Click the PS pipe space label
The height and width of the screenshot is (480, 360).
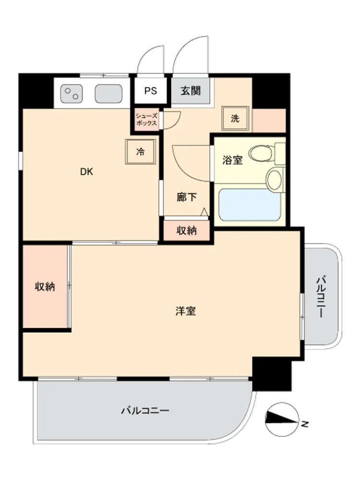pyautogui.click(x=151, y=91)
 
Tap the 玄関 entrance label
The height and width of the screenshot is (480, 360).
pyautogui.click(x=191, y=91)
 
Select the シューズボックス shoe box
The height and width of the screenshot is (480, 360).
pyautogui.click(x=146, y=120)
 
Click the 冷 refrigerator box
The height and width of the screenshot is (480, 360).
pyautogui.click(x=141, y=152)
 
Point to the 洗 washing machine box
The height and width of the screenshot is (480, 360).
pyautogui.click(x=235, y=118)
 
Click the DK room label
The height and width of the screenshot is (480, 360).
pyautogui.click(x=86, y=172)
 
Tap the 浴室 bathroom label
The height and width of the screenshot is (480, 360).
pyautogui.click(x=232, y=160)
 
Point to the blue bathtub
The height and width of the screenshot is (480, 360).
pyautogui.click(x=250, y=204)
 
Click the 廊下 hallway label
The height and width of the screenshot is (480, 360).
pyautogui.click(x=186, y=197)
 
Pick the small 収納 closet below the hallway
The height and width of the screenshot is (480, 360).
pyautogui.click(x=186, y=230)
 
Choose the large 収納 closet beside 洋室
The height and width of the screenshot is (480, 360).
pyautogui.click(x=45, y=287)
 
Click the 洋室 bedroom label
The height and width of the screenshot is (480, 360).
pyautogui.click(x=185, y=311)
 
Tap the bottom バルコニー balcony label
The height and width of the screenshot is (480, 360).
pyautogui.click(x=145, y=410)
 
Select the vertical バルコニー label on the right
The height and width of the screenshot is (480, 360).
pyautogui.click(x=321, y=297)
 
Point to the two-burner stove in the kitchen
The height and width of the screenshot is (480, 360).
pyautogui.click(x=72, y=94)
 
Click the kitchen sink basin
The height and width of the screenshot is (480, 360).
pyautogui.click(x=108, y=94)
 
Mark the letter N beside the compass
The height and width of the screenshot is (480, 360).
pyautogui.click(x=305, y=424)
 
